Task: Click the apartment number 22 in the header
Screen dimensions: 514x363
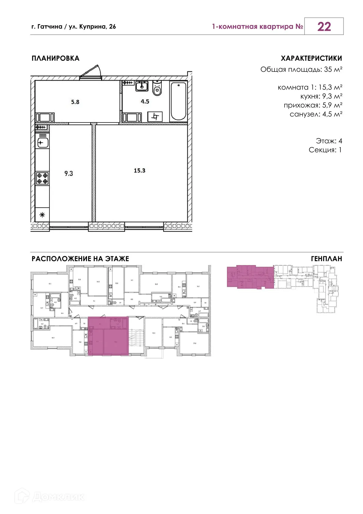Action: pyautogui.click(x=324, y=27)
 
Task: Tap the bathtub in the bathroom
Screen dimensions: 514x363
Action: pyautogui.click(x=178, y=101)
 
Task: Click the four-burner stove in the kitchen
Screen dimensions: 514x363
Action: pyautogui.click(x=42, y=178)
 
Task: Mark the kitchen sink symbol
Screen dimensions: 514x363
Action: pyautogui.click(x=42, y=142)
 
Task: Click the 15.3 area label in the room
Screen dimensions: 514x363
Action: pyautogui.click(x=139, y=170)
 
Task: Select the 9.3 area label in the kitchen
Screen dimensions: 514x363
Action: pyautogui.click(x=69, y=173)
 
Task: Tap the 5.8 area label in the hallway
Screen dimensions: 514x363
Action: pyautogui.click(x=75, y=102)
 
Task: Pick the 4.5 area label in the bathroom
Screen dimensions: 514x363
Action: pyautogui.click(x=145, y=101)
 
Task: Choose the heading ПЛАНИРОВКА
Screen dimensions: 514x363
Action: pyautogui.click(x=56, y=58)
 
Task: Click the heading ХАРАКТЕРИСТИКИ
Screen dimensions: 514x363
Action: pyautogui.click(x=311, y=58)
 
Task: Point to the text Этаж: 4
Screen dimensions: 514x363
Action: pyautogui.click(x=329, y=141)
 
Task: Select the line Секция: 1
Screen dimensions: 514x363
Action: pyautogui.click(x=325, y=150)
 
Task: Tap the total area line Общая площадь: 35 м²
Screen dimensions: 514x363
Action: pyautogui.click(x=301, y=70)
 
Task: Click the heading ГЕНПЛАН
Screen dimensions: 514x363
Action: pyautogui.click(x=326, y=259)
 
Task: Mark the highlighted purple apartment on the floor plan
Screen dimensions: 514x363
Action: pyautogui.click(x=108, y=336)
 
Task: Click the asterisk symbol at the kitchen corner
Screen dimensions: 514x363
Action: pyautogui.click(x=42, y=215)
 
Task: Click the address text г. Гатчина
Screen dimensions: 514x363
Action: pyautogui.click(x=47, y=27)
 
